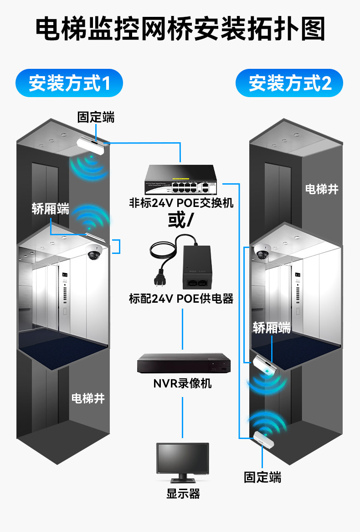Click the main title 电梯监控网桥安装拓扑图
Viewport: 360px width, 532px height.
click(x=180, y=30)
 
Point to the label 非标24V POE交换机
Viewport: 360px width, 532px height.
click(x=181, y=202)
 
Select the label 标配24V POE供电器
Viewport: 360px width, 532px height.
click(x=181, y=299)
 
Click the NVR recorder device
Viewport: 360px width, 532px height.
click(x=182, y=363)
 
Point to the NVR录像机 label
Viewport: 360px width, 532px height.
click(x=182, y=383)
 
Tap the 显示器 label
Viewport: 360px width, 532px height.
click(x=183, y=494)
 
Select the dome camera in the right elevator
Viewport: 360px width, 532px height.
click(x=262, y=251)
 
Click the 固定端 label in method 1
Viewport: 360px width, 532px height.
click(x=96, y=118)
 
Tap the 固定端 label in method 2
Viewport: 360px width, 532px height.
click(x=262, y=477)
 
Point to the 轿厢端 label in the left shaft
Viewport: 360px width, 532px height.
click(x=51, y=209)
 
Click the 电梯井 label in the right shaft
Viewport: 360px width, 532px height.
click(x=322, y=189)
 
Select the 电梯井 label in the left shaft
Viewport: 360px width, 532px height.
click(x=88, y=398)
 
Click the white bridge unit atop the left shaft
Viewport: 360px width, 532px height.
click(x=90, y=144)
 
